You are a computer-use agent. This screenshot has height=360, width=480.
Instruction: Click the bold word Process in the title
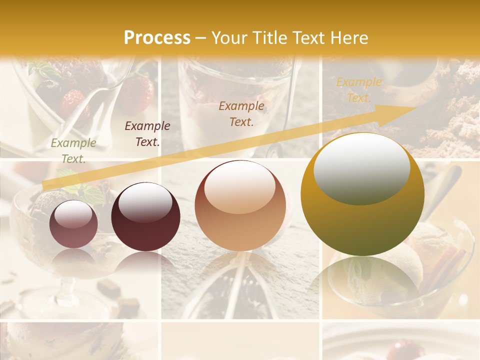[x=157, y=38]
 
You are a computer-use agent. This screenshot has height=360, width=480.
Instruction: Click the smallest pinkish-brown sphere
[x=73, y=224]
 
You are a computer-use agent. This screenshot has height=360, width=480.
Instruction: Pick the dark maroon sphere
[x=145, y=217]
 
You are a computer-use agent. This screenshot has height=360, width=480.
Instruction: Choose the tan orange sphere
[x=240, y=205]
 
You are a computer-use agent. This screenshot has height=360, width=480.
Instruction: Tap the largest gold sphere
[x=362, y=194]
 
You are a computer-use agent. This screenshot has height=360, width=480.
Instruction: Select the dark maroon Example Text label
[x=147, y=134]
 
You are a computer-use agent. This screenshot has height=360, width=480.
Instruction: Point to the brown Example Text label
[x=241, y=114]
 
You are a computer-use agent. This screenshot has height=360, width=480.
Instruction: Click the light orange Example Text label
[x=358, y=90]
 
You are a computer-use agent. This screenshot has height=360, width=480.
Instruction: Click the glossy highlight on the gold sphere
[x=361, y=168]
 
